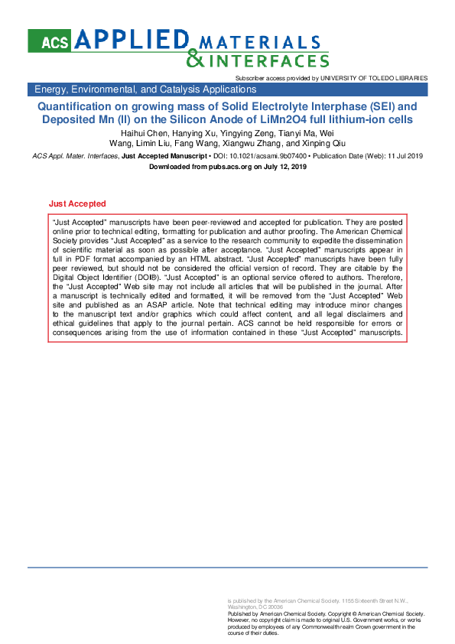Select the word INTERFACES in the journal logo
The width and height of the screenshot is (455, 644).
tap(269, 60)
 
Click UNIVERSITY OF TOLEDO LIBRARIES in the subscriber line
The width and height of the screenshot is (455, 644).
tap(373, 78)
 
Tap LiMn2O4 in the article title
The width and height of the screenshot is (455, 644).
tap(299, 120)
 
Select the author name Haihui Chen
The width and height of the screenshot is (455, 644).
tap(144, 133)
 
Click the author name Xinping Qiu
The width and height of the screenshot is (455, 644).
tap(320, 143)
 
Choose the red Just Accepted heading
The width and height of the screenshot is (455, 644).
tap(77, 204)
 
